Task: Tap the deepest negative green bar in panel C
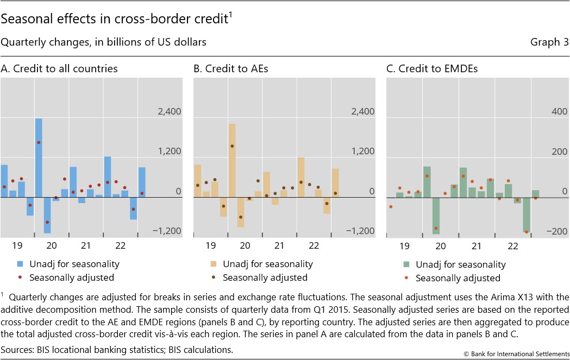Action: (436, 215)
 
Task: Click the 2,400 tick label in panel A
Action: (170, 112)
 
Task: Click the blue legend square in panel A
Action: (20, 264)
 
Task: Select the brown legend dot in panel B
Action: (214, 277)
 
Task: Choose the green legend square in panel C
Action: (406, 265)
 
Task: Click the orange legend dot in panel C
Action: (406, 278)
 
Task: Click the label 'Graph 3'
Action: (549, 42)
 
